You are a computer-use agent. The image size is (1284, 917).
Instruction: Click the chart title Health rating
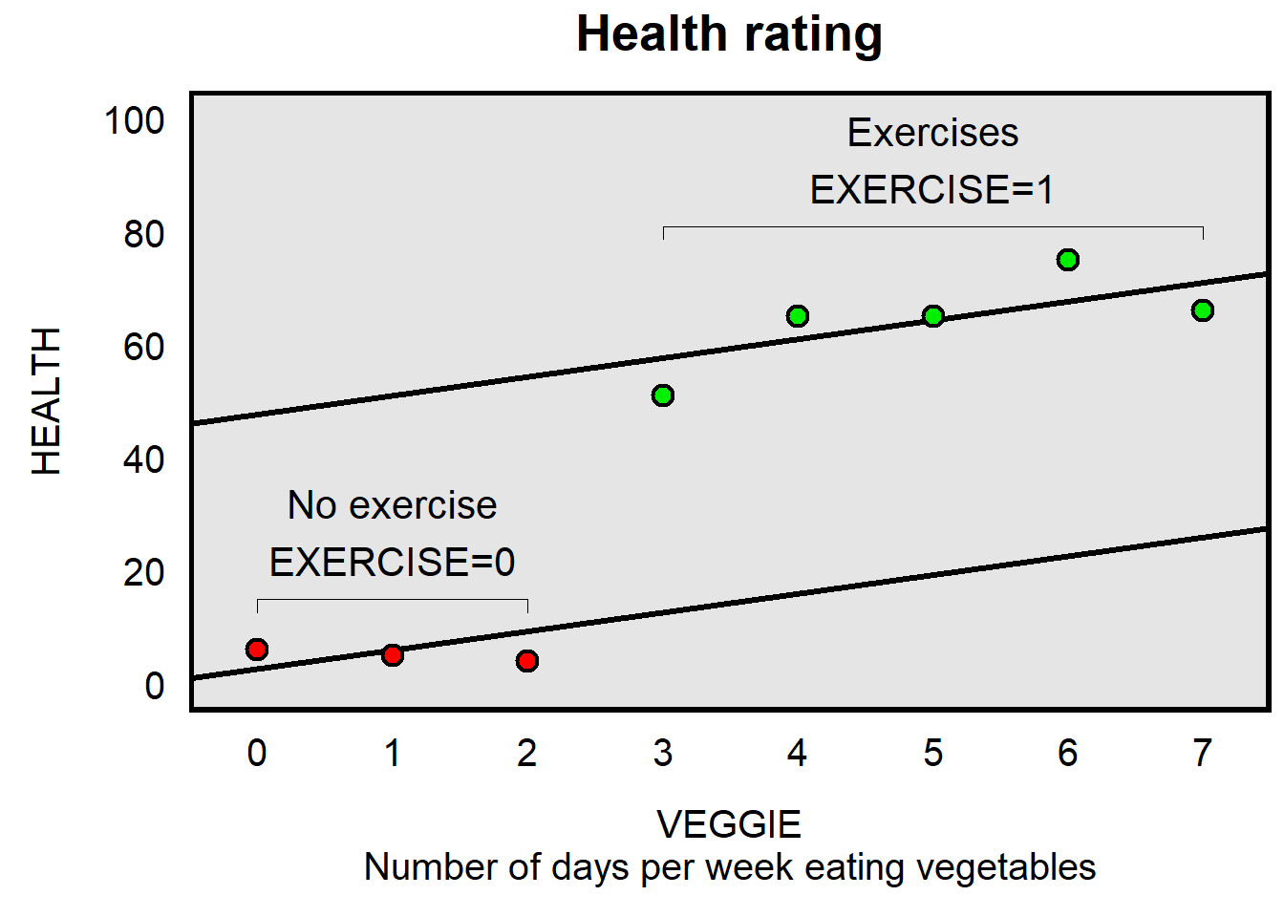point(729,34)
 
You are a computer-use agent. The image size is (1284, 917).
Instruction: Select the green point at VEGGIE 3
point(663,395)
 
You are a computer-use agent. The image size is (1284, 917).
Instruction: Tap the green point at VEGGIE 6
point(1068,260)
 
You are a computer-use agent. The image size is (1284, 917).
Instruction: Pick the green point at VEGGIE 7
point(1203,310)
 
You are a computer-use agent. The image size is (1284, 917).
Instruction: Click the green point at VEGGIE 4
point(798,316)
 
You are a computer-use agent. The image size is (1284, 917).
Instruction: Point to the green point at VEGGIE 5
point(933,316)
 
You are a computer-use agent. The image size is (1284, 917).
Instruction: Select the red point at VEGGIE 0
point(257,650)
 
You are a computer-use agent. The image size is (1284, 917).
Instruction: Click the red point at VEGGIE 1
point(393,655)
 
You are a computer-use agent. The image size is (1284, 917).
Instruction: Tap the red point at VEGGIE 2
point(527,661)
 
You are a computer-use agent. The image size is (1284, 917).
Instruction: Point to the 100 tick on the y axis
point(135,121)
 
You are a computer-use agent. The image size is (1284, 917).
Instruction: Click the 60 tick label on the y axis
point(144,347)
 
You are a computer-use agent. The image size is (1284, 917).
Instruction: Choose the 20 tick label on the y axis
point(144,572)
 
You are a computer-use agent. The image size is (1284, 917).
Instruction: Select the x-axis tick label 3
point(663,754)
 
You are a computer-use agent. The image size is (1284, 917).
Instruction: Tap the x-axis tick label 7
point(1203,754)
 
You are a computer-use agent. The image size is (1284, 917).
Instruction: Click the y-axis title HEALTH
point(47,401)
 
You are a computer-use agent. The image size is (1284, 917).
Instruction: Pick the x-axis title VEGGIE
point(729,824)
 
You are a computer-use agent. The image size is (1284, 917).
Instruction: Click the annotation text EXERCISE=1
point(932,190)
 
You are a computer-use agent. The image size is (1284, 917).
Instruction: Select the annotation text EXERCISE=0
point(393,563)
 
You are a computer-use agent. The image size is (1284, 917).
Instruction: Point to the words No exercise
point(393,505)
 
